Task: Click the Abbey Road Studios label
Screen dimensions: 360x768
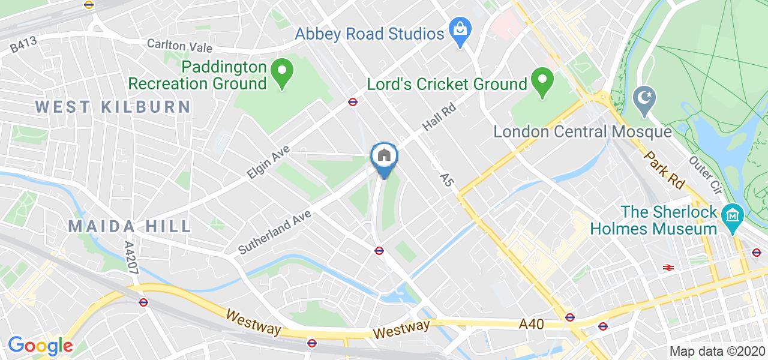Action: coord(368,33)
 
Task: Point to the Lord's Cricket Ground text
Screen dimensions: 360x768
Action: coord(446,85)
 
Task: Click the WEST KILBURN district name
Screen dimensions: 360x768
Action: coord(113,107)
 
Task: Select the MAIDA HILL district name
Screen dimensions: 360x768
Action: coord(130,226)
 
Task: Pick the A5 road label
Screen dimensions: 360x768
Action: coord(445,178)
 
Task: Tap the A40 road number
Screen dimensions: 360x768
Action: coord(531,324)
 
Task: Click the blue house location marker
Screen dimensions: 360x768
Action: coord(384,158)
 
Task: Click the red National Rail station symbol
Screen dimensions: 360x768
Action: coord(667,268)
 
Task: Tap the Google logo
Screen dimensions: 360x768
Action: coord(40,346)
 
